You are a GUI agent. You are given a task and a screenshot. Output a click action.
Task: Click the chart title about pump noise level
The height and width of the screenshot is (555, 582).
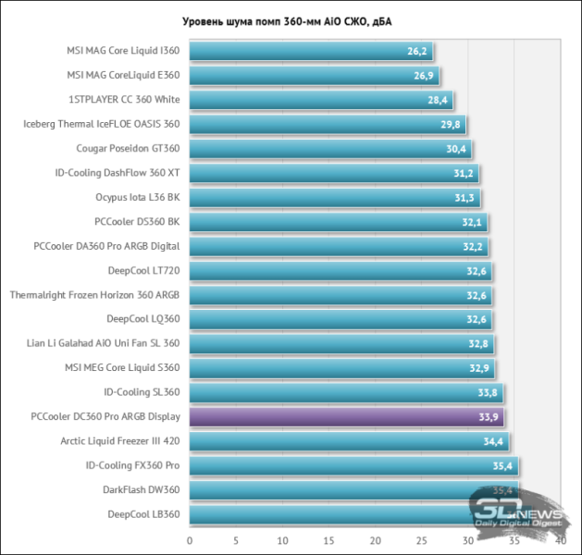[x=290, y=21]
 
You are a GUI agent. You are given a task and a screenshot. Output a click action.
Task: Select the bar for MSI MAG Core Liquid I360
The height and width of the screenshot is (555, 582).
[x=310, y=52]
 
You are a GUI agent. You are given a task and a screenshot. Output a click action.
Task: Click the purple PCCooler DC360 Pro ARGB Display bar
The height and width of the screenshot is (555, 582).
[x=346, y=416]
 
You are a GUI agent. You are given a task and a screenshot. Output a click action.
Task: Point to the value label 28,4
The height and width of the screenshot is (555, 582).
[x=438, y=100]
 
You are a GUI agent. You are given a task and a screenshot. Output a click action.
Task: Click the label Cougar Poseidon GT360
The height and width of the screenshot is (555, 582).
[x=129, y=148]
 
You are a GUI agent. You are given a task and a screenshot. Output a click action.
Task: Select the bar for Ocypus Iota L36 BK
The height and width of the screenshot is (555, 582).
[x=333, y=197]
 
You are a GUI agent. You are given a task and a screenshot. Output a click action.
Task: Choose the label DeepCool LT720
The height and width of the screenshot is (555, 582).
[x=143, y=270]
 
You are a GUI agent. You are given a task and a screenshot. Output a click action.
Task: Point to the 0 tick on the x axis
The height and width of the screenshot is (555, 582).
[x=190, y=540]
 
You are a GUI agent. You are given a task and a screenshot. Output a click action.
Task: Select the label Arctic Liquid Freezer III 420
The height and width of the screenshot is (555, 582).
[x=120, y=440]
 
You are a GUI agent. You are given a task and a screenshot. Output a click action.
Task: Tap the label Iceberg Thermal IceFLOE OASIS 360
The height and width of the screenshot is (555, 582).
[x=102, y=124]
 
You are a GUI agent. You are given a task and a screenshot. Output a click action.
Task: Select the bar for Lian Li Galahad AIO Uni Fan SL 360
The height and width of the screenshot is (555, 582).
[x=341, y=343]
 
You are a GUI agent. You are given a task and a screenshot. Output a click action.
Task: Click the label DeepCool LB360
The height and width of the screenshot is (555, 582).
[x=143, y=513]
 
